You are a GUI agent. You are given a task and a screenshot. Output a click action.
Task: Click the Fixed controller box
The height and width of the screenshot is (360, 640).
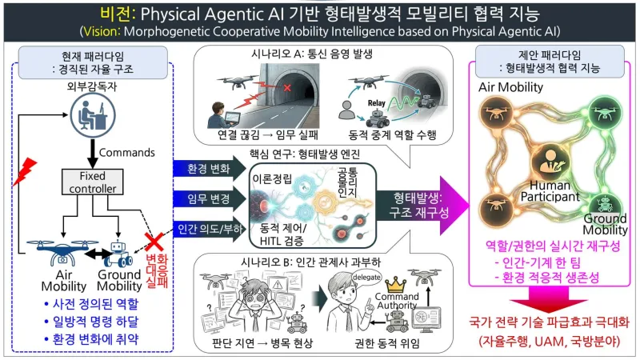92,182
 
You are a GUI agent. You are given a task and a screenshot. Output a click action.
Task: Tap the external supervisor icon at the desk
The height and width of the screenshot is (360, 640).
93,115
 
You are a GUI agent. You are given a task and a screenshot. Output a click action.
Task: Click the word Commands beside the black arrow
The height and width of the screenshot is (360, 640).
127,153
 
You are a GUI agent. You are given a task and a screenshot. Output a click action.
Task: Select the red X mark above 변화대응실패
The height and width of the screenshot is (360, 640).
154,242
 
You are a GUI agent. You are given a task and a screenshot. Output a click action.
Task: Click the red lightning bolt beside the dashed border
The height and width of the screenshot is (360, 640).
25,171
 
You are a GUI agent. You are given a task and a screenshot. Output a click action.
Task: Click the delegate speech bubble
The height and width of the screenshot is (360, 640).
366,277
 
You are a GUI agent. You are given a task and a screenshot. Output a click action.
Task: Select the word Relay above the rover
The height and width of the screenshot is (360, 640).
376,103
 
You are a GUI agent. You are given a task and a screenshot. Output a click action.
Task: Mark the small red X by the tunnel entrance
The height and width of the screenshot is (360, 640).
287,88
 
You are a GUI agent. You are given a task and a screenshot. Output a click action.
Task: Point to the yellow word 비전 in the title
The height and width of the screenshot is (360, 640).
117,14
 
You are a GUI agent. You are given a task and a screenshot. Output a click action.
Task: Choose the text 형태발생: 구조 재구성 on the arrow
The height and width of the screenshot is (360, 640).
418,206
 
